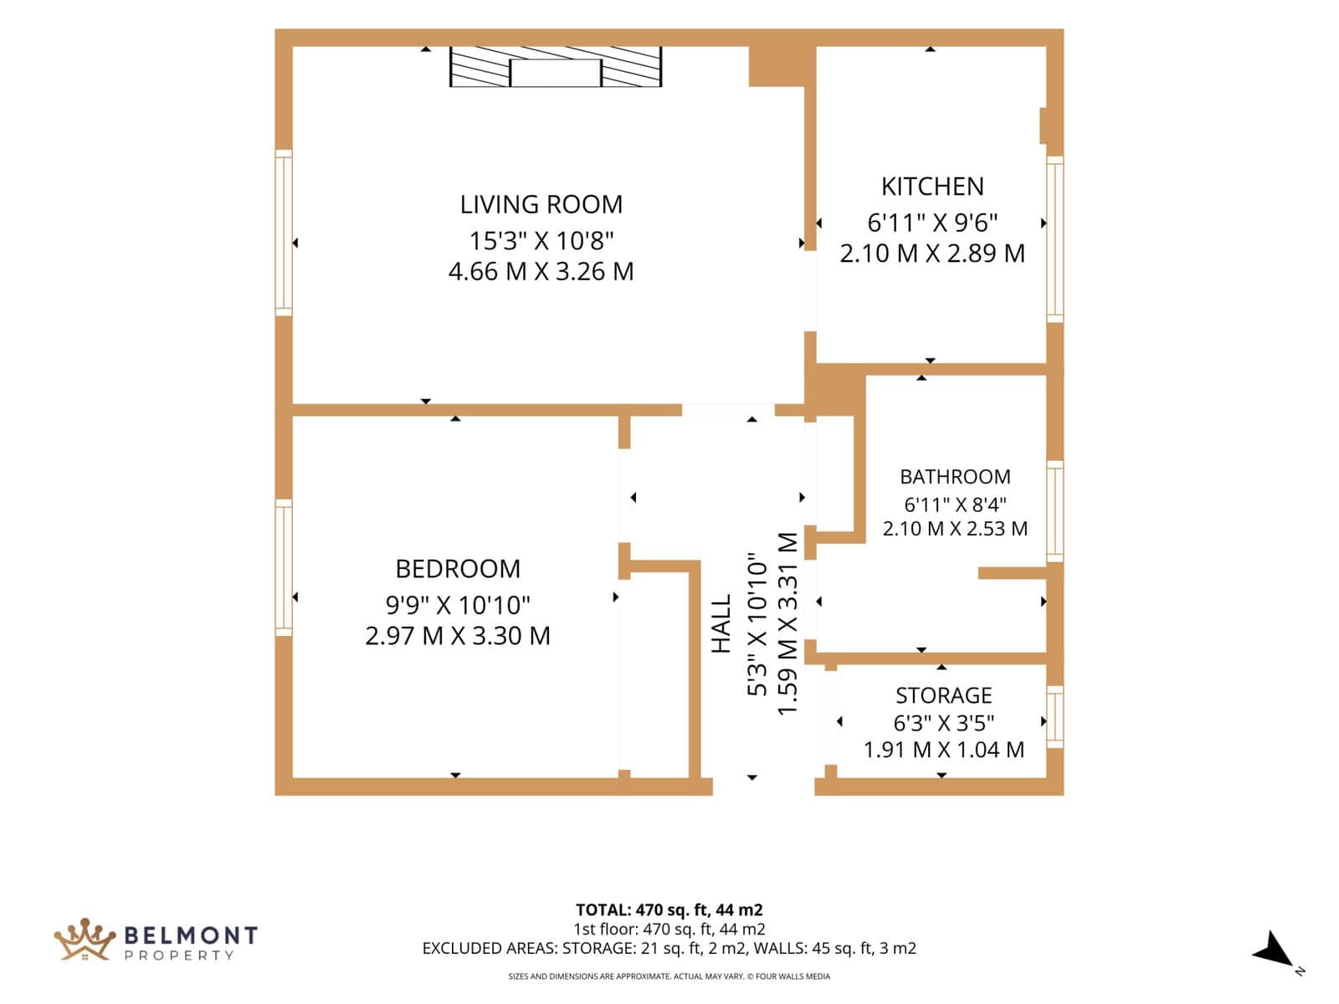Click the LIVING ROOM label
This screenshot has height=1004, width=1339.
tap(541, 205)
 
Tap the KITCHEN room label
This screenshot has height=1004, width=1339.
tap(933, 187)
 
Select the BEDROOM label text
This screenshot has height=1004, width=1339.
tap(458, 569)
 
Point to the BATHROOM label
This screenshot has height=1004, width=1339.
tap(956, 477)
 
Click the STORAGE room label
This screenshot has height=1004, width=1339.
tap(944, 695)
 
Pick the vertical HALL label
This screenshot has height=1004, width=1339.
tap(721, 623)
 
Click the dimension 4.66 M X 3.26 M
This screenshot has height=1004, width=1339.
tap(541, 271)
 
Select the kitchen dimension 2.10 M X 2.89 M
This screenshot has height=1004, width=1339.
tap(932, 254)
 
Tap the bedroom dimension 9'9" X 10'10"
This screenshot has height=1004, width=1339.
tap(458, 605)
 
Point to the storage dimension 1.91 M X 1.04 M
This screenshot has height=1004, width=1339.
tap(944, 749)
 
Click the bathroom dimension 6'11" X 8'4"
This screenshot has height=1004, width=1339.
tap(956, 505)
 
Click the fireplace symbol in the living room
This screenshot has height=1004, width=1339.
tap(556, 66)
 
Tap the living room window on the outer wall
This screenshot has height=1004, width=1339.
tap(284, 233)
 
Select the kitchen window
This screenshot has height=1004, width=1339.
tap(1055, 239)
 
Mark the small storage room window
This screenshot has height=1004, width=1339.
tap(1055, 717)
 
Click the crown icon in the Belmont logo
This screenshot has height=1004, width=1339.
tap(85, 940)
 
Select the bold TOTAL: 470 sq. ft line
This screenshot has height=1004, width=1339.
tap(669, 910)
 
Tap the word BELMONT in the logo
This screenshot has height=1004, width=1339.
tap(191, 935)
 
